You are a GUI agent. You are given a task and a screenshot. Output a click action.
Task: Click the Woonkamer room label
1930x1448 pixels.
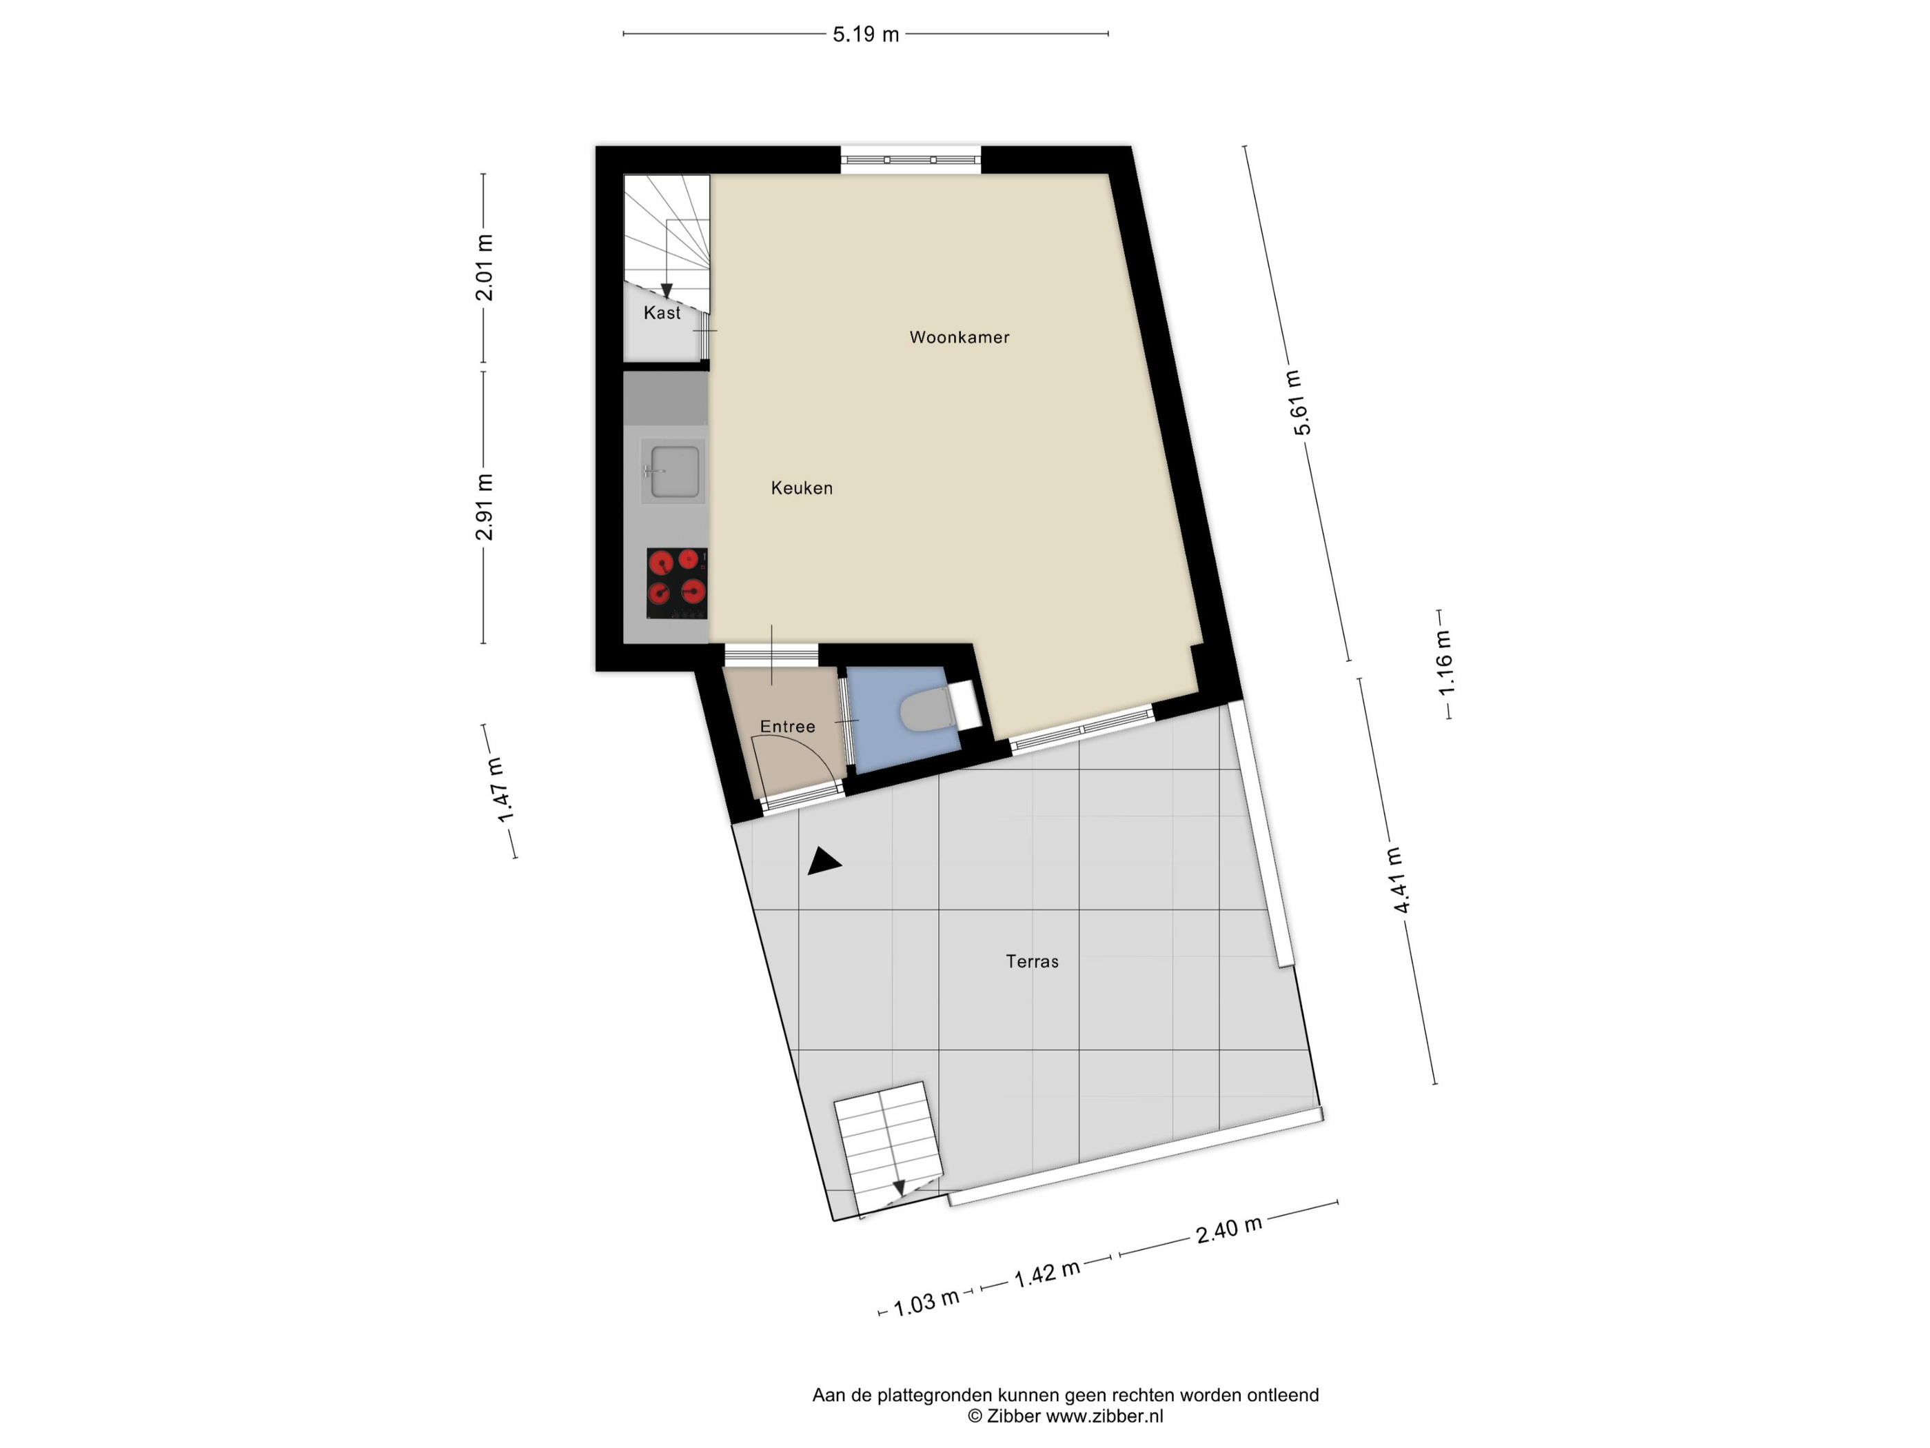pyautogui.click(x=959, y=337)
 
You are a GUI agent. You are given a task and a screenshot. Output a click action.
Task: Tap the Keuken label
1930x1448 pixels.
pyautogui.click(x=802, y=488)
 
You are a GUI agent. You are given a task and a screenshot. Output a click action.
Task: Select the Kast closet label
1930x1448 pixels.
pyautogui.click(x=662, y=312)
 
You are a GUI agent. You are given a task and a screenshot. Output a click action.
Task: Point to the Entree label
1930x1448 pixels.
pyautogui.click(x=787, y=726)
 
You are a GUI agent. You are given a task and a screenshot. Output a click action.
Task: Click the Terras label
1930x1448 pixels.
pyautogui.click(x=1032, y=961)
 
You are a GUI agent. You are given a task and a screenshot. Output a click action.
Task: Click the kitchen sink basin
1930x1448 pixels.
pyautogui.click(x=673, y=472)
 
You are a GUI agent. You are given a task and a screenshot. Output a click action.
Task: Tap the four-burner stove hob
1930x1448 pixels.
pyautogui.click(x=677, y=583)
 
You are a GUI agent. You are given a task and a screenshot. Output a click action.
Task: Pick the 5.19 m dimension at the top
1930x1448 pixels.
pyautogui.click(x=866, y=34)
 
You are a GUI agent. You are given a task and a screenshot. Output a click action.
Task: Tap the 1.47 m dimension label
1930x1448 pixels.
pyautogui.click(x=501, y=790)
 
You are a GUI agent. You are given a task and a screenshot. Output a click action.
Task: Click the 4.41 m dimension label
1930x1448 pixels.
pyautogui.click(x=1397, y=880)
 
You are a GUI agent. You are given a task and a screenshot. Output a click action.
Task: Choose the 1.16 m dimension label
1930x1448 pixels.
pyautogui.click(x=1444, y=663)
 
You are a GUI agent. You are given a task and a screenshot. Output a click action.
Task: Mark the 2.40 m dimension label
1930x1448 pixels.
pyautogui.click(x=1228, y=1230)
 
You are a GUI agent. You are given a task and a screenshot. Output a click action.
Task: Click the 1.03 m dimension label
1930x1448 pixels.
pyautogui.click(x=926, y=1303)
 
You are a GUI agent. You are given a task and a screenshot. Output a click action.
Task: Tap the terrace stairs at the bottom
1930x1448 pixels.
pyautogui.click(x=889, y=1148)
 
